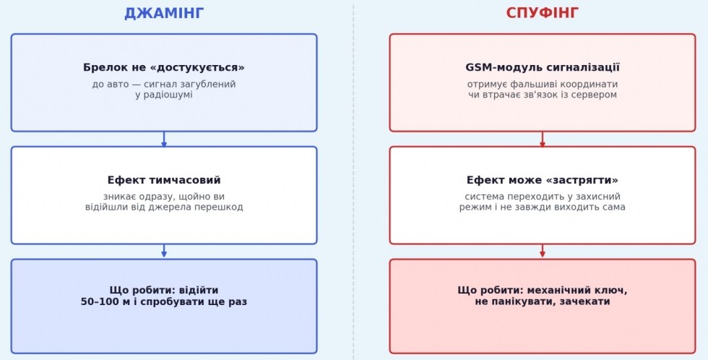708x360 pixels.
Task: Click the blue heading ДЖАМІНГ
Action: [164, 13]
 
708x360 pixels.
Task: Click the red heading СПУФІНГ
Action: [543, 13]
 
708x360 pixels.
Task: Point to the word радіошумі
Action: [168, 95]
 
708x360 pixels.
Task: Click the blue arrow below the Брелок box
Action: [164, 139]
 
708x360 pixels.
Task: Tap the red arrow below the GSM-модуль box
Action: [543, 139]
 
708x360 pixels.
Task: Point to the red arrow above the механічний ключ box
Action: [543, 251]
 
